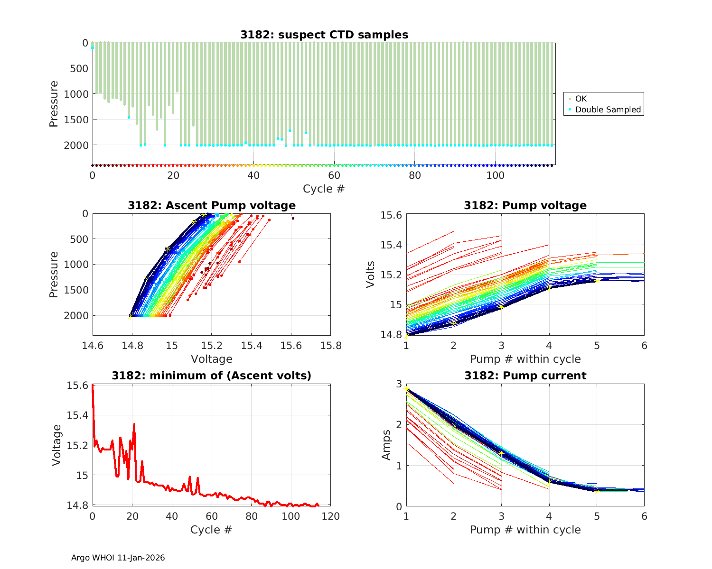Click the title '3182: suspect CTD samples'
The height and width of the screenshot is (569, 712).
click(x=324, y=35)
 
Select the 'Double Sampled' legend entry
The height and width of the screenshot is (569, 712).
click(x=608, y=110)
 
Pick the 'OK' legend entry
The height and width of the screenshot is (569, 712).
click(x=581, y=99)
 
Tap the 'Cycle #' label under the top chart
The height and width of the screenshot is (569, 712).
click(x=324, y=189)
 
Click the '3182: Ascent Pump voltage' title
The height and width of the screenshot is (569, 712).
click(x=212, y=205)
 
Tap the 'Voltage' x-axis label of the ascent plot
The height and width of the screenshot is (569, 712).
click(x=212, y=359)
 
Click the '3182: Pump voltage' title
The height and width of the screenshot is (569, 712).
click(x=525, y=205)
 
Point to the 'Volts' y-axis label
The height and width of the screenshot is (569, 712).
click(x=371, y=275)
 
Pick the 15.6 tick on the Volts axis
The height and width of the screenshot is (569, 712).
click(x=392, y=215)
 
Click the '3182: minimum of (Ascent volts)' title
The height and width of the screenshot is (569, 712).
click(x=212, y=376)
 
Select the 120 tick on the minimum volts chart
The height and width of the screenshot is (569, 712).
click(x=330, y=516)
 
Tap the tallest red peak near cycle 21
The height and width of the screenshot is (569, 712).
click(x=134, y=424)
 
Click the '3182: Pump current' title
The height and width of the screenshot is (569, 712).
click(x=525, y=376)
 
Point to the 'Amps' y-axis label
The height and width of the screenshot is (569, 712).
click(x=387, y=445)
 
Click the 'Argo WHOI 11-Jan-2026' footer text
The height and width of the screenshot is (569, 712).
click(x=118, y=558)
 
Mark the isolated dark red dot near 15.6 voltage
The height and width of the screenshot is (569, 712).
click(x=293, y=219)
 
